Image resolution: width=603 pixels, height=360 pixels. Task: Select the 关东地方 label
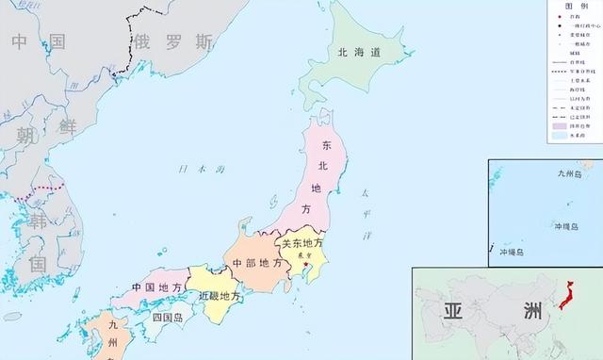(x=302, y=243)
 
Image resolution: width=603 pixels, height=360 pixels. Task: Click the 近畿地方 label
(x=220, y=295)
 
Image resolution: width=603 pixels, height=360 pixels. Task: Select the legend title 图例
(x=575, y=5)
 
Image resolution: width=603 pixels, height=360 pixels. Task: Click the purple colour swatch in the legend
(x=559, y=124)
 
